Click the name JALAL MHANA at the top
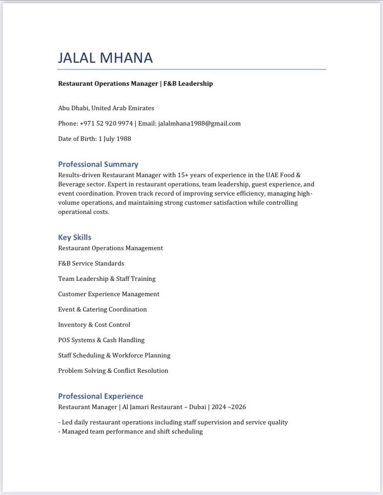pos(105,57)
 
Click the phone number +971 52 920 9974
pos(106,124)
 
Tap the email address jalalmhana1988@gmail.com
pos(199,124)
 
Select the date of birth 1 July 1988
pos(115,139)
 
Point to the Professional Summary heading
pos(98,164)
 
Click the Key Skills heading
pos(75,238)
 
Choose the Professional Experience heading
pos(101,396)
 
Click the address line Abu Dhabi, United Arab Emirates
pos(106,108)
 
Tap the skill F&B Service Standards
pos(91,264)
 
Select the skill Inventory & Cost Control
pos(94,325)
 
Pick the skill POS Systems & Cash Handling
pos(101,340)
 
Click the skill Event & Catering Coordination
pos(102,310)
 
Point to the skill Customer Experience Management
pos(109,294)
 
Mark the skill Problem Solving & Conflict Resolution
pos(113,371)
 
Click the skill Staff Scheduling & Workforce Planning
pos(114,356)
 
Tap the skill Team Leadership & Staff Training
pos(107,279)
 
